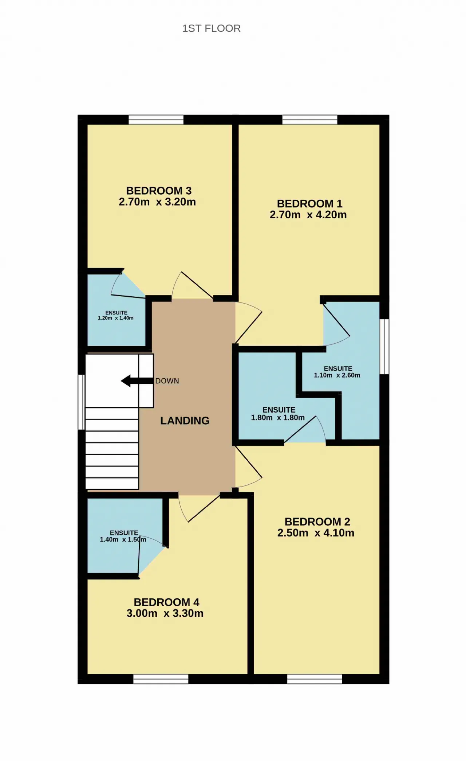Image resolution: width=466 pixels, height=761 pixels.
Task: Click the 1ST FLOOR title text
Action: pos(211,28)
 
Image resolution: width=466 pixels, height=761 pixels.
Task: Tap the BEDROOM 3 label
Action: pos(159,191)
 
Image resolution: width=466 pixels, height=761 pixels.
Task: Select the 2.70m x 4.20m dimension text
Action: pos(308,215)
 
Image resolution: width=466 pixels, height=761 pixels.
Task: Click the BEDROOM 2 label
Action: pos(317,522)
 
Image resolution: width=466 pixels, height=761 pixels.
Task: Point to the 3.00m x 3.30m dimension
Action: pos(165,613)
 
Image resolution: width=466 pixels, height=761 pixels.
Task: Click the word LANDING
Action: pos(185,421)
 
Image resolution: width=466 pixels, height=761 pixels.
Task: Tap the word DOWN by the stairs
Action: pos(167,381)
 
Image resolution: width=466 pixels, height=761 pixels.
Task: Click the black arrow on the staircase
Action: pos(137,381)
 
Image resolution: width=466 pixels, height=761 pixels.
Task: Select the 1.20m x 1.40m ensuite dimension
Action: pos(116,318)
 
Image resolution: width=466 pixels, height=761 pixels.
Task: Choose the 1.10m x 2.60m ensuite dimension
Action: pos(337,375)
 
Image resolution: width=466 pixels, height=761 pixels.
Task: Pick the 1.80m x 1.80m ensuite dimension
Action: pos(278,418)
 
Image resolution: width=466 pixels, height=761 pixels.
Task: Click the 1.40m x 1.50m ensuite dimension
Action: pos(123,539)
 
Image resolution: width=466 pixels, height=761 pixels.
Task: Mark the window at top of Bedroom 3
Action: pos(156,120)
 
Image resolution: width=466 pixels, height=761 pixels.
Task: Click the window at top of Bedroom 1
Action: pos(310,120)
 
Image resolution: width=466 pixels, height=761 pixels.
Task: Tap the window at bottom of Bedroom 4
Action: pos(161,679)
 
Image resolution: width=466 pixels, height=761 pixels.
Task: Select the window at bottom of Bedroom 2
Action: pos(315,679)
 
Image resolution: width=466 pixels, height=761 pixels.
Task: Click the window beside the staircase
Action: pos(82,402)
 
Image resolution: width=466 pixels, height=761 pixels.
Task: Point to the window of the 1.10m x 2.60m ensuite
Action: pos(384,347)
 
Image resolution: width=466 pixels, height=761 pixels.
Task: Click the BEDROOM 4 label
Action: pos(166,602)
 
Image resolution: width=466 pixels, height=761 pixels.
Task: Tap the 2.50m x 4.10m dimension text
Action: pos(316,533)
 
